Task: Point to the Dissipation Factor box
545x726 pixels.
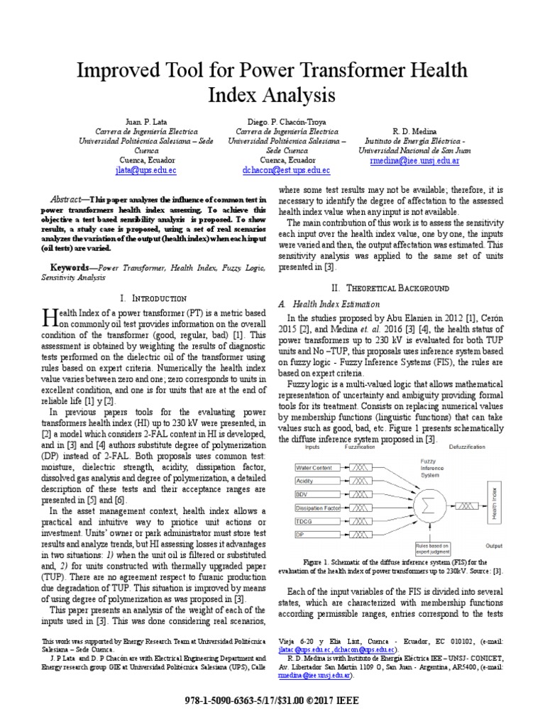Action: click(318, 508)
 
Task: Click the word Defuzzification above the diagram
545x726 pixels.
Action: click(466, 447)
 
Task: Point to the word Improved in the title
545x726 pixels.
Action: click(121, 71)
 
